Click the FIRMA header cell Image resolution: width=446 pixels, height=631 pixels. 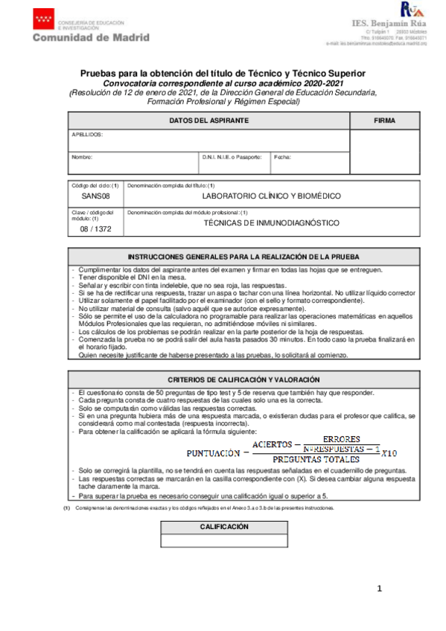(x=384, y=121)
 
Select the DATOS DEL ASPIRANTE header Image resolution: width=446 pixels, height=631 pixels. (x=208, y=121)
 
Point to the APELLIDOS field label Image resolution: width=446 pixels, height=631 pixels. (x=87, y=135)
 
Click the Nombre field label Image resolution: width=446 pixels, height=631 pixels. (x=81, y=157)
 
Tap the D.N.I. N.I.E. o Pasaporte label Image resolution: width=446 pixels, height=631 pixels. (x=232, y=157)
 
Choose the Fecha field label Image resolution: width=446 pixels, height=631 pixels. (x=283, y=157)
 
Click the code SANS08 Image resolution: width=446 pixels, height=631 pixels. (x=95, y=196)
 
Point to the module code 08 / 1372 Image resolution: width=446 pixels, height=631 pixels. (x=95, y=230)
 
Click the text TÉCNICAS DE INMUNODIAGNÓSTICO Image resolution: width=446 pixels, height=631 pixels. (x=271, y=223)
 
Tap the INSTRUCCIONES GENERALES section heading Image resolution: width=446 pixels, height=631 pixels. (x=243, y=255)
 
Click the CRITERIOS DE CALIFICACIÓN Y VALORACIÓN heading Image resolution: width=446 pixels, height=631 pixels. (x=243, y=379)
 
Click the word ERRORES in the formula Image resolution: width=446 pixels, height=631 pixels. (x=343, y=439)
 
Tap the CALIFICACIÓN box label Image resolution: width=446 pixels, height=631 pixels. (x=224, y=527)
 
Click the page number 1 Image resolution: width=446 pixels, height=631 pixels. (x=380, y=589)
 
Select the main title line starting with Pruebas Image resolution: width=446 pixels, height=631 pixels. (x=223, y=73)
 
